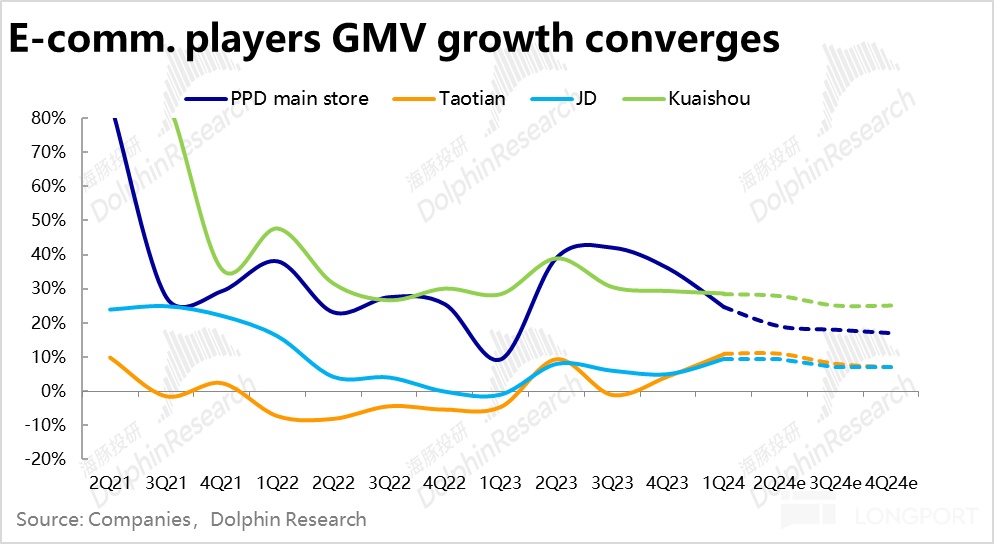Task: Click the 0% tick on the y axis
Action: pyautogui.click(x=52, y=391)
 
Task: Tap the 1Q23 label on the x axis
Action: pyautogui.click(x=501, y=482)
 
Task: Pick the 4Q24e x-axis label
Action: pyautogui.click(x=891, y=482)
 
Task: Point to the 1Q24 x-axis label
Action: pyautogui.click(x=724, y=482)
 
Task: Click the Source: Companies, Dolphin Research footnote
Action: pyautogui.click(x=191, y=520)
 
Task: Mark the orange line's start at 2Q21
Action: pyautogui.click(x=109, y=357)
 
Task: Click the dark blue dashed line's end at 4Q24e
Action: pyautogui.click(x=890, y=333)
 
